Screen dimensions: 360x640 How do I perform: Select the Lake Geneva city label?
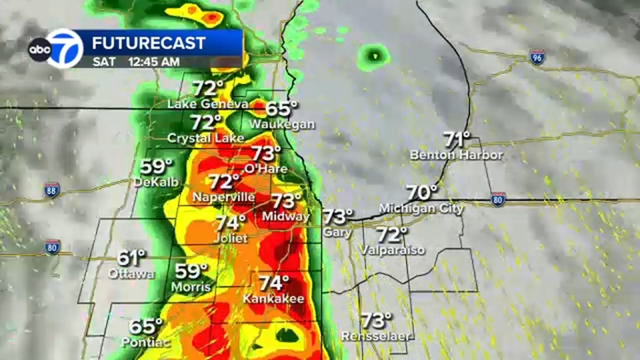coord(207,104)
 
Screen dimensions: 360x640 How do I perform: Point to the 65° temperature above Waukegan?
coord(283,108)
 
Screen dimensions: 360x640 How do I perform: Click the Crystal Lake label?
coord(205,138)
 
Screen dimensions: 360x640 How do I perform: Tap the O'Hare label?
coord(266,169)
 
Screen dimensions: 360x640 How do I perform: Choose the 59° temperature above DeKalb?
coord(156,166)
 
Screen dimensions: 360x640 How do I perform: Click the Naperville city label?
coord(225,197)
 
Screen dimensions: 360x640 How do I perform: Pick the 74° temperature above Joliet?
coord(230,222)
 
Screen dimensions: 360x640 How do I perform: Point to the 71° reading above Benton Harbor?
coord(456,139)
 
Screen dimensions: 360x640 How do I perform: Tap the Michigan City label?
coord(421,208)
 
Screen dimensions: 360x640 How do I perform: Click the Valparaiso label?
coord(392,249)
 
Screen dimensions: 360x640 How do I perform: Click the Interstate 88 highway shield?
coord(52,190)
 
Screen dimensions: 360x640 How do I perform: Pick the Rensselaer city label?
coord(375,336)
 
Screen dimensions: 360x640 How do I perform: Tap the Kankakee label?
coord(273,299)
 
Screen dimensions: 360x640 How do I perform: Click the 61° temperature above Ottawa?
coord(131,259)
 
